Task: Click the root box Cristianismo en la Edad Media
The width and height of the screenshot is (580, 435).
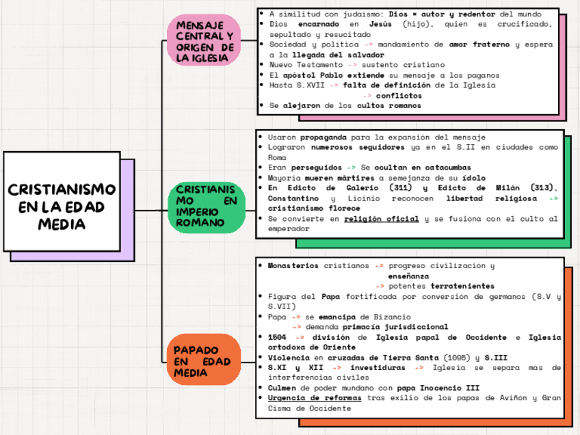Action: tap(62, 206)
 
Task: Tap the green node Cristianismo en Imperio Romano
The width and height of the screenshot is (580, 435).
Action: tap(206, 206)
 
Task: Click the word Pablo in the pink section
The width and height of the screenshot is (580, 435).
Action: tap(334, 75)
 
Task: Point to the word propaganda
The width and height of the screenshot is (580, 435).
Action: tap(324, 137)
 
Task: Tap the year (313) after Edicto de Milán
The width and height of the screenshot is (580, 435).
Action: tap(544, 188)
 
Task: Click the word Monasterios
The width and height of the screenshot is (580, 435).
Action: tap(293, 265)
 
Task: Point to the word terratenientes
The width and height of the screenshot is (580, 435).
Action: tap(462, 285)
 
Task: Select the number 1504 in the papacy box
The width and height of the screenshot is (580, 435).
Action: tap(278, 337)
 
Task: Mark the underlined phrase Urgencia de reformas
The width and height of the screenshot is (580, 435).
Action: tap(315, 397)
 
